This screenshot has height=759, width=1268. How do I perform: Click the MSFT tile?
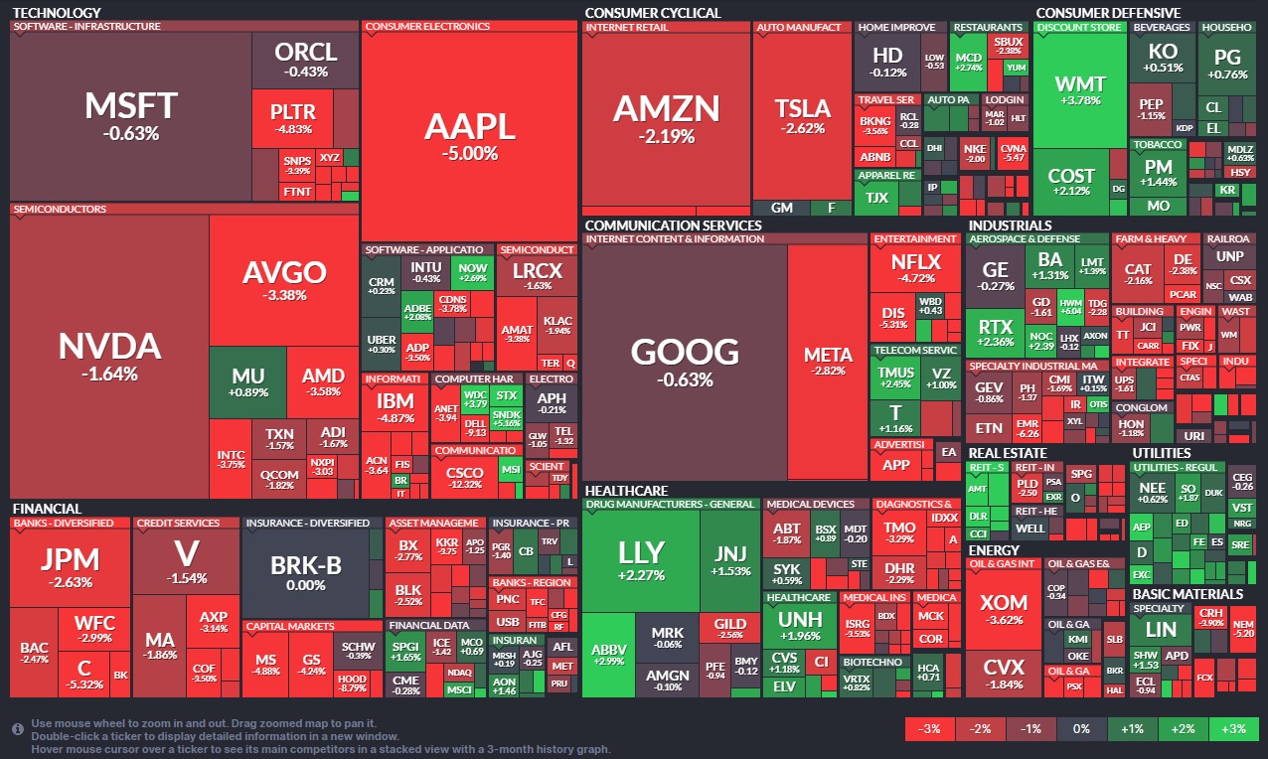pos(130,114)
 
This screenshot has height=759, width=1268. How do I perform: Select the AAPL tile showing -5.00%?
pos(469,134)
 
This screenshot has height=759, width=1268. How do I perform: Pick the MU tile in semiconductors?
pos(247,382)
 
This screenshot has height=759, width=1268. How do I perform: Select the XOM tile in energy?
pos(1003,608)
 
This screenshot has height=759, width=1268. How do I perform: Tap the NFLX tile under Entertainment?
pos(914,268)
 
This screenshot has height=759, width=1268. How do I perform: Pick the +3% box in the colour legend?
pos(1232,729)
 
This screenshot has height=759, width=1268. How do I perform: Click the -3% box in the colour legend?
pos(929,729)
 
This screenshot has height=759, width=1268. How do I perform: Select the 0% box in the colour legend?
pos(1081,729)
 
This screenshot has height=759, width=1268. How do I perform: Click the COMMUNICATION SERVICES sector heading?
pos(673,226)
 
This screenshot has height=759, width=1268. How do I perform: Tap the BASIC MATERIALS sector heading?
pos(1188,594)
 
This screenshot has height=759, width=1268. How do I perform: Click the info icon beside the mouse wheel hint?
pos(17,729)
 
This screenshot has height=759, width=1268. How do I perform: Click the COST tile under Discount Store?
pos(1071,181)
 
